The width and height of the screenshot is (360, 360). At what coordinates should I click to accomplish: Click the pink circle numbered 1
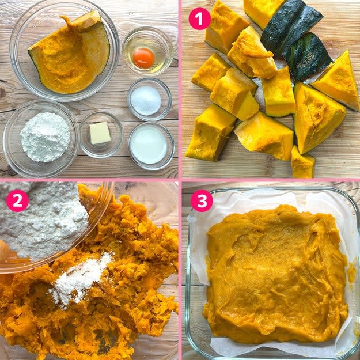[x=199, y=18]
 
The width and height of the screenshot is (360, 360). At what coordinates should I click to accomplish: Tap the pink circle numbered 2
[x=17, y=200]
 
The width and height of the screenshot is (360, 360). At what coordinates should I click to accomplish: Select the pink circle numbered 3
[x=202, y=200]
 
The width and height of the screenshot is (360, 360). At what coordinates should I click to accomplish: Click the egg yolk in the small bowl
[x=143, y=58]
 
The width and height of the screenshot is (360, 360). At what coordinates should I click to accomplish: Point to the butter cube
[x=100, y=133]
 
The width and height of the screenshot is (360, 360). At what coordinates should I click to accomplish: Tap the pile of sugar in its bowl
[x=146, y=101]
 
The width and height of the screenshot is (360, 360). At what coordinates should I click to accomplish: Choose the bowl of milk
[x=151, y=146]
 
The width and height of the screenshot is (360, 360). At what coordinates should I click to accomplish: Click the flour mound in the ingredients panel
[x=45, y=137]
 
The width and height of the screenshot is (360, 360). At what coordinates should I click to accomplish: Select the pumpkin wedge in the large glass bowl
[x=69, y=53]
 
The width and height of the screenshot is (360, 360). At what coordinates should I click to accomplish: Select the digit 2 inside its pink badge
[x=17, y=200]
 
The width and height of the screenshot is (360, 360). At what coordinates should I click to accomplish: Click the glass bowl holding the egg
[x=147, y=51]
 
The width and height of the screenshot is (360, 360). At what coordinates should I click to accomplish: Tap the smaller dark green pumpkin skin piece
[x=308, y=56]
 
